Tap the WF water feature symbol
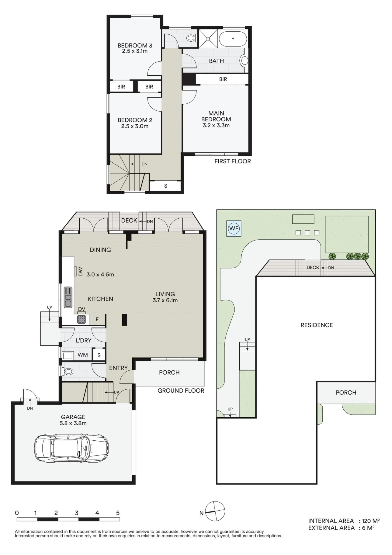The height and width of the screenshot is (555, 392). click(x=234, y=229)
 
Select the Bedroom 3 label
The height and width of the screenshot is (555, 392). click(x=135, y=46)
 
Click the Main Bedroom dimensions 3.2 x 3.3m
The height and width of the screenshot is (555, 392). click(x=216, y=125)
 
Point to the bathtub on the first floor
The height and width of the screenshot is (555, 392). click(x=233, y=39)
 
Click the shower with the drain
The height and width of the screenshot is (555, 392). click(x=208, y=39)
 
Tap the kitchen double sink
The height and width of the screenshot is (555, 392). click(x=68, y=297)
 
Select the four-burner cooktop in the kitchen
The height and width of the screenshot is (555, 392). click(x=81, y=319)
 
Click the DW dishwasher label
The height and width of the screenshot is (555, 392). click(x=80, y=271)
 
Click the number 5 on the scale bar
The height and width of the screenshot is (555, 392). click(x=118, y=513)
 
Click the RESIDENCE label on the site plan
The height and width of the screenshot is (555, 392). click(x=317, y=325)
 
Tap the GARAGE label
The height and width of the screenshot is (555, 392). click(x=73, y=417)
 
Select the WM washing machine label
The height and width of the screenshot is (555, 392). click(x=83, y=355)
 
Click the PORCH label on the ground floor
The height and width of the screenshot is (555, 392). click(x=169, y=372)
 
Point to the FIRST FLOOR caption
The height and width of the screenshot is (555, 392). click(x=232, y=161)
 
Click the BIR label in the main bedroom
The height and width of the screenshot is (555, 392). click(x=223, y=79)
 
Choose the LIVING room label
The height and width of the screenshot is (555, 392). click(x=165, y=294)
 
